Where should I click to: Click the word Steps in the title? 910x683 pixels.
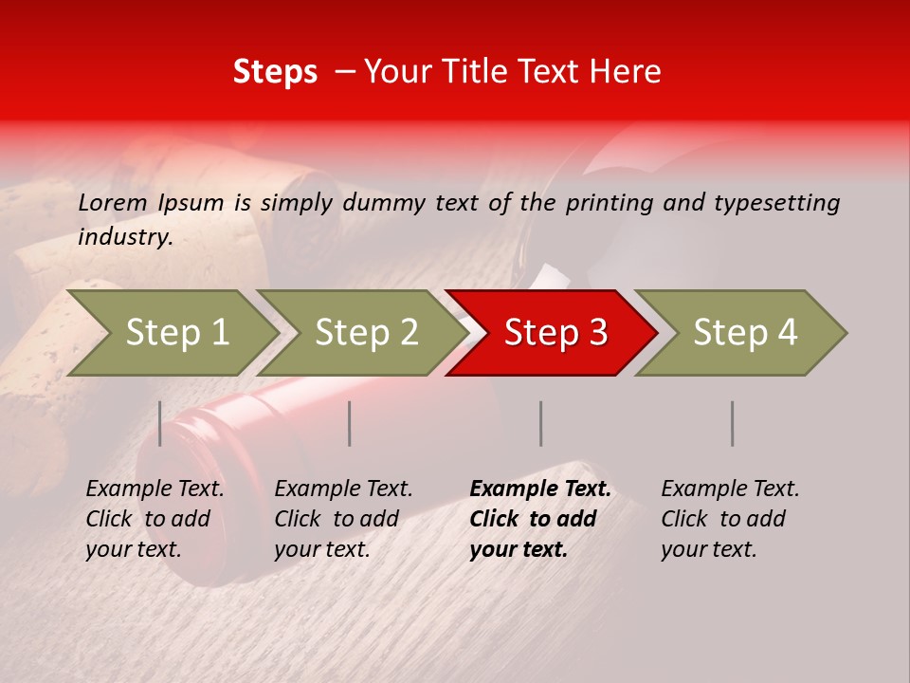coord(275,72)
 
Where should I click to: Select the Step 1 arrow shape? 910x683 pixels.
coord(176,333)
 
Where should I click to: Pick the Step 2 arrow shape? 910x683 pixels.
coord(366,333)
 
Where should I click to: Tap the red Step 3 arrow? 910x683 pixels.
coord(555,333)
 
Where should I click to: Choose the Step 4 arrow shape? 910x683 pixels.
coord(745,333)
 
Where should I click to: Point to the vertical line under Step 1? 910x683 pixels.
coord(160,423)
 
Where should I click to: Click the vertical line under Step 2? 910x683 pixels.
coord(350,423)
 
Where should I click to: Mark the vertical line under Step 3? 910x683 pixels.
coord(541,423)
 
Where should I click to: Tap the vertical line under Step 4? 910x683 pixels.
coord(733,423)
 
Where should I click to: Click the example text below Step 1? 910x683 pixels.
coord(155,519)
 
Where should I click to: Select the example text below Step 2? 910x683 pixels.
coord(343,519)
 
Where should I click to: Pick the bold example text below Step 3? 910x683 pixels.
coord(540,519)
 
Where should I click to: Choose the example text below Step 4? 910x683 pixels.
coord(730,519)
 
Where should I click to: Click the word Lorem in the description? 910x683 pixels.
coord(112,202)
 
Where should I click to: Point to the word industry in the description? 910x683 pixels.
coord(124,237)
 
